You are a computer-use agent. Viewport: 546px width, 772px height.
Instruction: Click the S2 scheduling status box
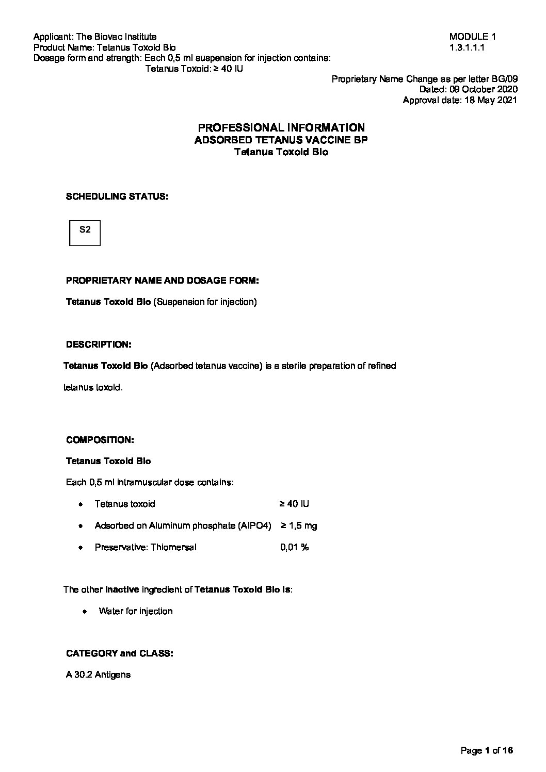tap(85, 233)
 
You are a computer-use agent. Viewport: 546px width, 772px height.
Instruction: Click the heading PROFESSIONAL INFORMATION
tap(281, 127)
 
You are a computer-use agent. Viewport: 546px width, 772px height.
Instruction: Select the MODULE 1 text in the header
tap(472, 37)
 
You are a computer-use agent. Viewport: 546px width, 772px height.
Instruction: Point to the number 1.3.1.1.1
tap(467, 47)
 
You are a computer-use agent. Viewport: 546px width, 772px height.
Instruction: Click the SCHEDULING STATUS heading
tap(117, 196)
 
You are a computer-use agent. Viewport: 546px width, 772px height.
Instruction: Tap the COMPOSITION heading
tap(100, 440)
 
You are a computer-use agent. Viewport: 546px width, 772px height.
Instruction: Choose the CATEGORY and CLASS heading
tap(120, 653)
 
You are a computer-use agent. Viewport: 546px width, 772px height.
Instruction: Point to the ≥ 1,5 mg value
tap(299, 525)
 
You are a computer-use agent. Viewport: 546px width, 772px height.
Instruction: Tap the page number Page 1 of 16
tap(487, 750)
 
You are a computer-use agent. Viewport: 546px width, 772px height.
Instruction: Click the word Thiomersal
tap(173, 547)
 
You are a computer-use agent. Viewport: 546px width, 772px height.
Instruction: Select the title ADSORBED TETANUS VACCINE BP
tap(281, 140)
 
